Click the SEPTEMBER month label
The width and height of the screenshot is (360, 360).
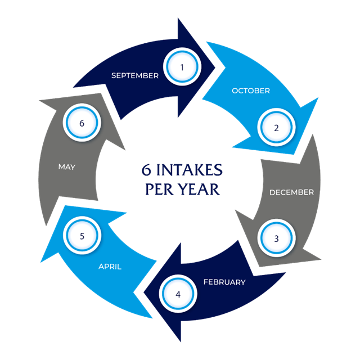135,75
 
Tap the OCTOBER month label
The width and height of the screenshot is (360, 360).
251,91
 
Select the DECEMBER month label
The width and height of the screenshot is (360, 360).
291,192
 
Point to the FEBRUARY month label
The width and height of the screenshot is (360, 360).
224,282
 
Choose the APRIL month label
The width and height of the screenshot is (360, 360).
110,267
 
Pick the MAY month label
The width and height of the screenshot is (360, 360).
66,167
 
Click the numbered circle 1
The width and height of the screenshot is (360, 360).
182,67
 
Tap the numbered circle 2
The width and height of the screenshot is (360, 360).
276,128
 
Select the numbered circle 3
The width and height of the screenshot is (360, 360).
276,238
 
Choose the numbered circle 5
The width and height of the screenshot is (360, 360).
82,236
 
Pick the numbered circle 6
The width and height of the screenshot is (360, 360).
82,123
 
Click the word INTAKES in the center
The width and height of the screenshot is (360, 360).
190,170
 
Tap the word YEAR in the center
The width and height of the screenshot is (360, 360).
200,189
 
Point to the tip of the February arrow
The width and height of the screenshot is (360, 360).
144,293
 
